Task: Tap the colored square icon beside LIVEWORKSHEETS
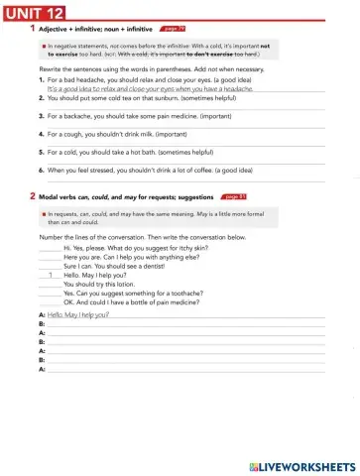[x=248, y=464]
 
